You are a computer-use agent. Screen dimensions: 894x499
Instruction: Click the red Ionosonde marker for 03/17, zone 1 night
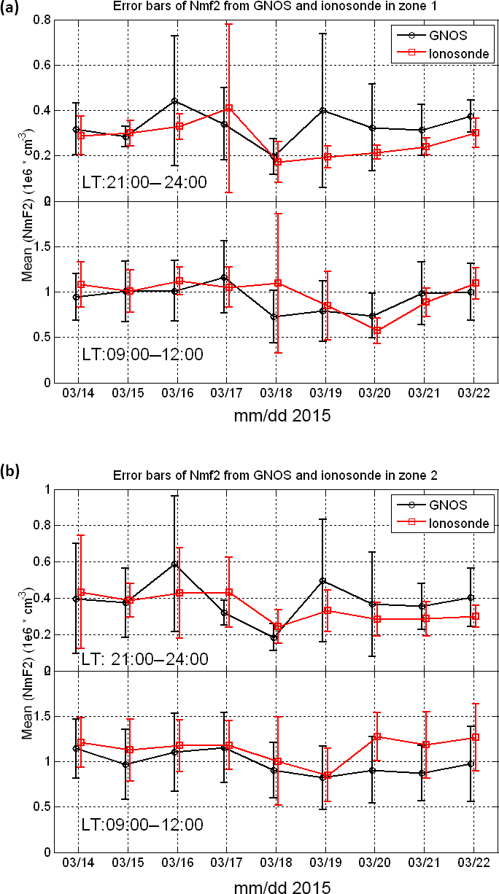pyautogui.click(x=228, y=109)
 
